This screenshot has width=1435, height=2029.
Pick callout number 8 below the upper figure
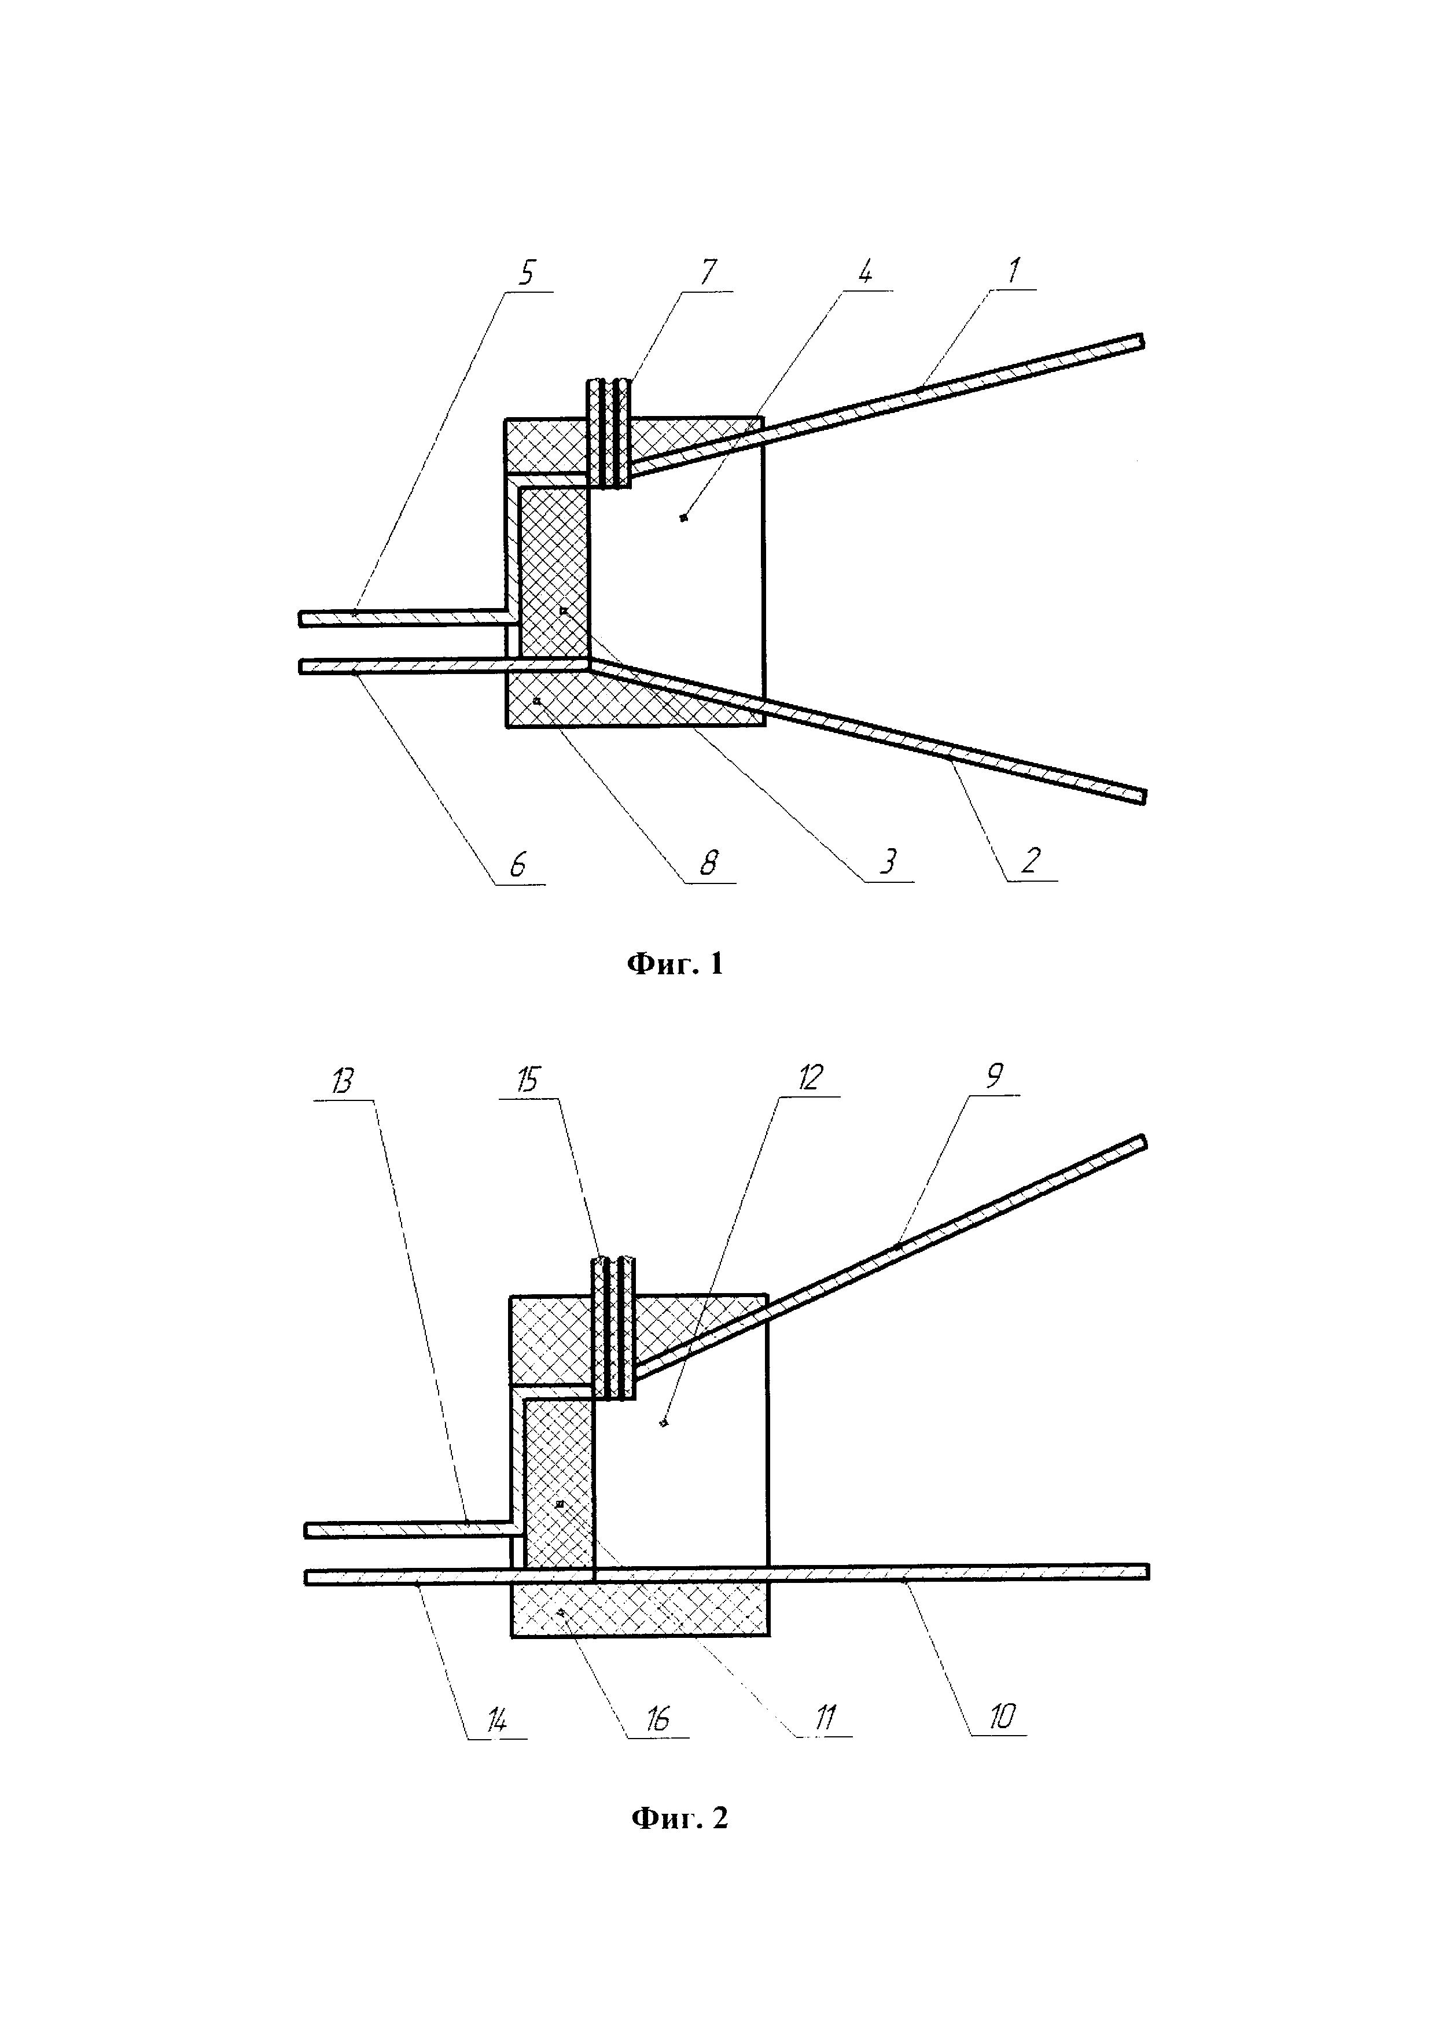(709, 863)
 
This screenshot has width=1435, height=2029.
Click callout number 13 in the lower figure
(343, 1081)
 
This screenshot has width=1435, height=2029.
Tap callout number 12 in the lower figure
(810, 1077)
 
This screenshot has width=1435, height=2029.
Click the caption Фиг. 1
(675, 963)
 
